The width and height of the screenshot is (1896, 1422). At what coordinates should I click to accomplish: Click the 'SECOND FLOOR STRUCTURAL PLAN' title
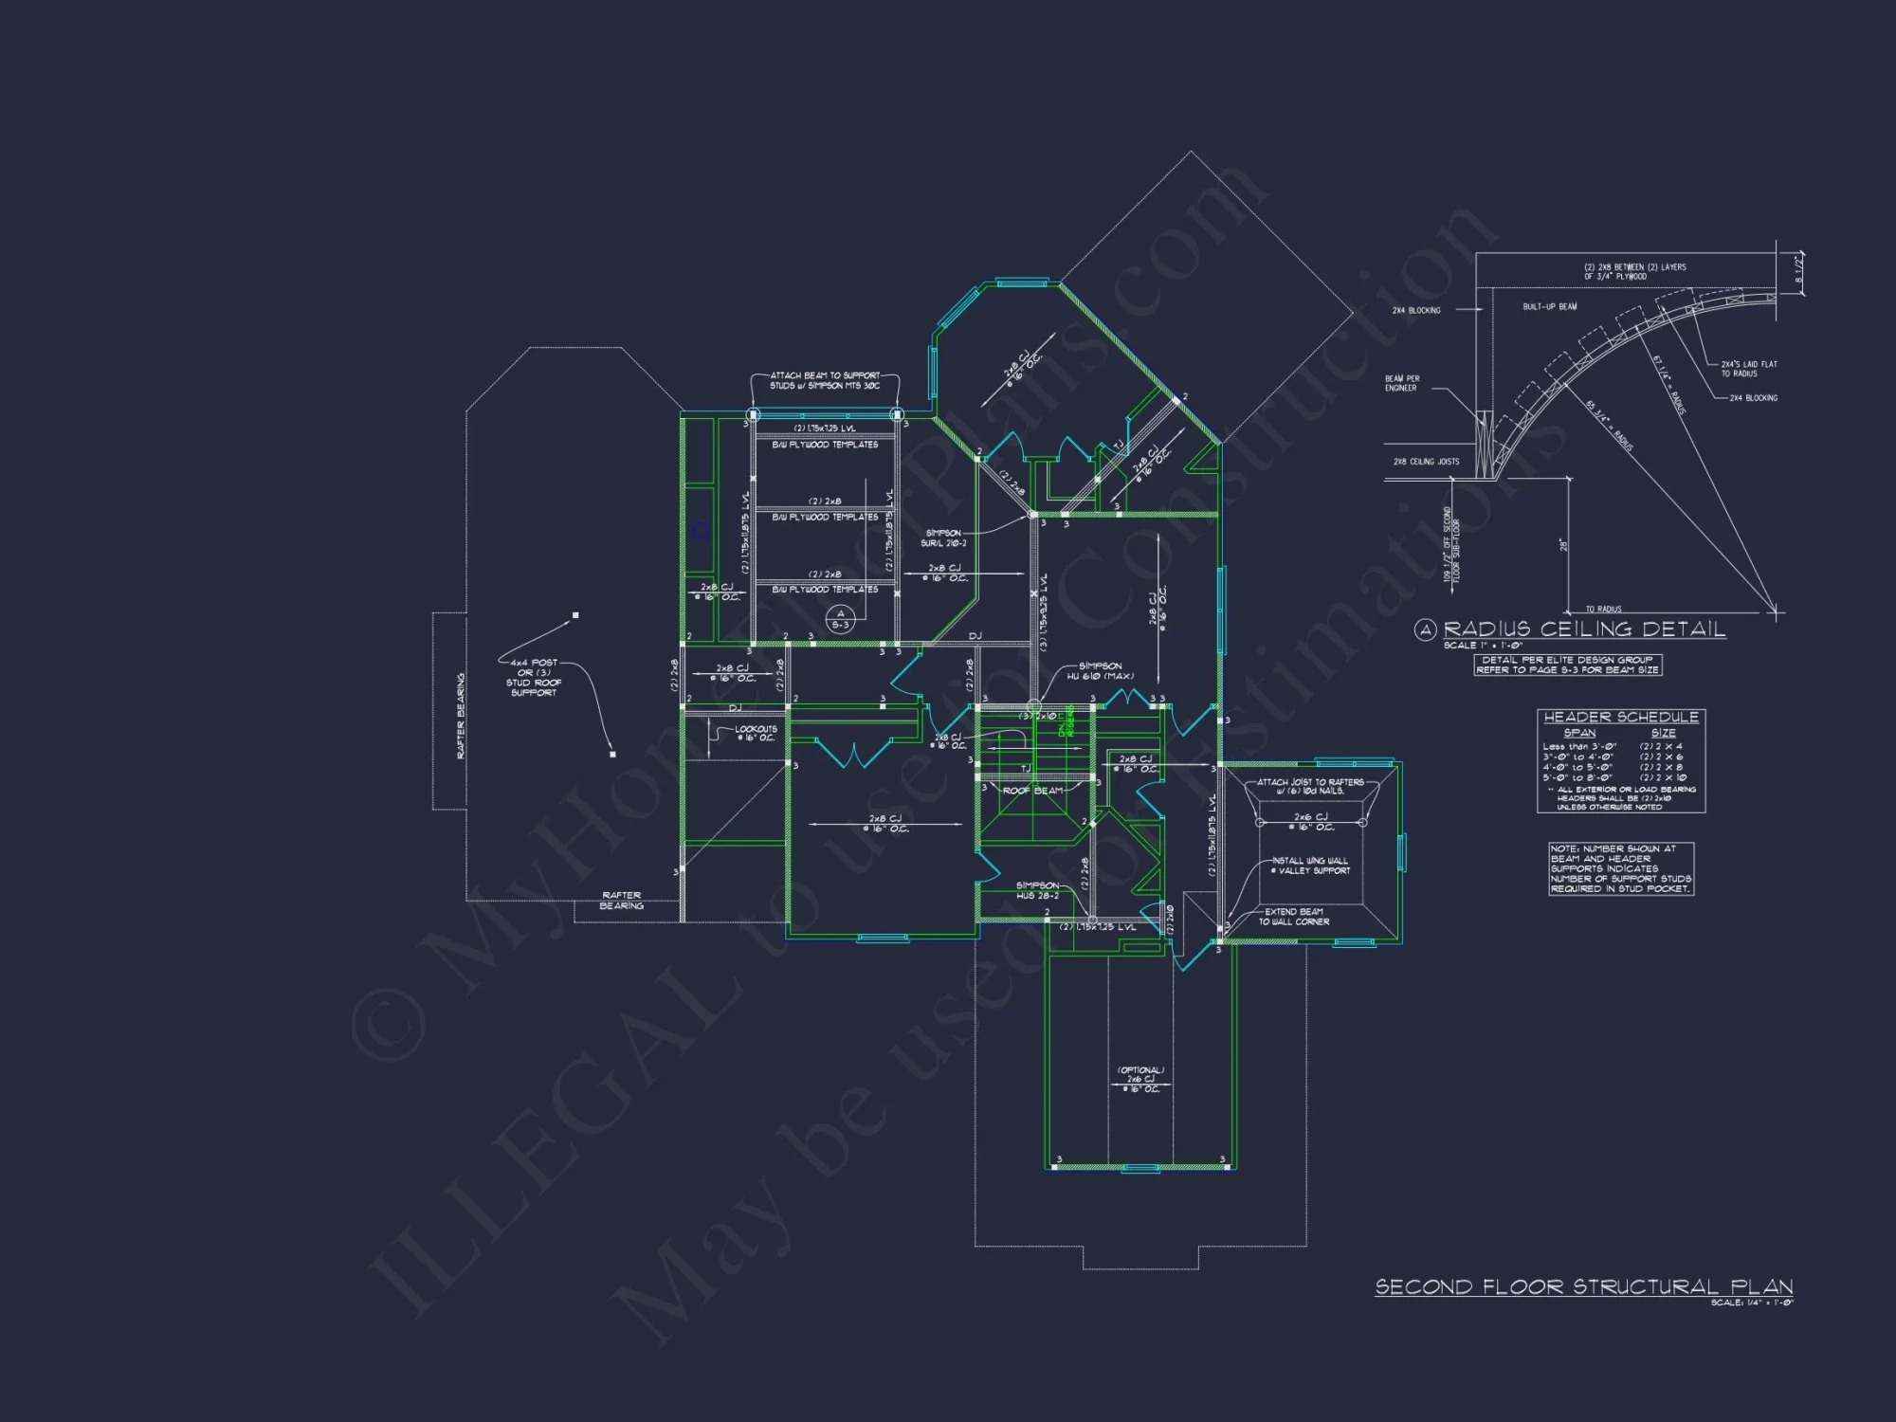1583,1286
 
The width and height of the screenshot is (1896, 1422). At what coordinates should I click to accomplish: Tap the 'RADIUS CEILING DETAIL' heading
1583,629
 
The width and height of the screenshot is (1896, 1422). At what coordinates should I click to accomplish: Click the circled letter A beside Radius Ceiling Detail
1425,630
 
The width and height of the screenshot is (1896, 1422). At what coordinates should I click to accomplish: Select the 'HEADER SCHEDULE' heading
1621,718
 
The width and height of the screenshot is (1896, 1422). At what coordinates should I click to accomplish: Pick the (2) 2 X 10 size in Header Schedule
1663,777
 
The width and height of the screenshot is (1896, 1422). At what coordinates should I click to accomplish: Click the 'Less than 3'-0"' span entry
1578,746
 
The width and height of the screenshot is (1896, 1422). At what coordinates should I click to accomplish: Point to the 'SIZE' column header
1663,733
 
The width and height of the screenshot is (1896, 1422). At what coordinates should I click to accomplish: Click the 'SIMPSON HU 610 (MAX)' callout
1100,671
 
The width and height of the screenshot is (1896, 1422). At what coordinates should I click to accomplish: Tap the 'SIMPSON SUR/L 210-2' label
943,538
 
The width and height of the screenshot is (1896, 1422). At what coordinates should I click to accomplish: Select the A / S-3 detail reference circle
840,620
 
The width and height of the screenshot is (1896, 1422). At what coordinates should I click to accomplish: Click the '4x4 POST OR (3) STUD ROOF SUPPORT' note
534,678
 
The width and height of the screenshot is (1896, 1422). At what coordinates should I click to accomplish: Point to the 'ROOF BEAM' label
1032,791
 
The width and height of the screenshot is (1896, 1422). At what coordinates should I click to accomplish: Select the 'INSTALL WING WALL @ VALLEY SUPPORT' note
1310,866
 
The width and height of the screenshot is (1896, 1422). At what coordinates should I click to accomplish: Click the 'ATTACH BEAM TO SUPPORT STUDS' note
825,380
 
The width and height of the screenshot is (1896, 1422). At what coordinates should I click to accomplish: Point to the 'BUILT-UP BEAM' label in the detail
1550,307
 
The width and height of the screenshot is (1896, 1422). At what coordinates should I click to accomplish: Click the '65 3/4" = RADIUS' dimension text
1609,426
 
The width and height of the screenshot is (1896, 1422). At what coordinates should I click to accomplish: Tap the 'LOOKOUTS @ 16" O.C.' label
756,734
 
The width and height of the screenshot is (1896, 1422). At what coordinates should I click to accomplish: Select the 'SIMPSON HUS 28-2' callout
1037,890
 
